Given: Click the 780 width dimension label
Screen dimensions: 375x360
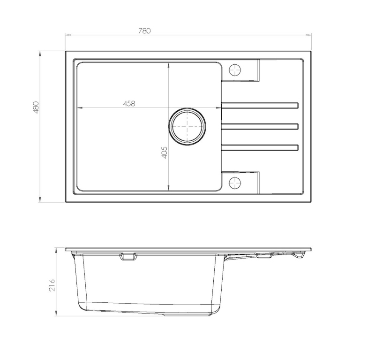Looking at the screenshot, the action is pos(144,31).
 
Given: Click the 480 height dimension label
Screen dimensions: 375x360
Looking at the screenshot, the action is pos(36,107).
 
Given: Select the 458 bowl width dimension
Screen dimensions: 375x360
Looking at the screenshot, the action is pos(129,103).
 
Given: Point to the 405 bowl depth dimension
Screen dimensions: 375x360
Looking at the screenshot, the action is pos(165,153).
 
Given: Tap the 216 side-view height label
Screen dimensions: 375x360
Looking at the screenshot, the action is pos(52,285).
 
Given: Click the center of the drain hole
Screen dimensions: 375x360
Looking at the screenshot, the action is pos(187,126).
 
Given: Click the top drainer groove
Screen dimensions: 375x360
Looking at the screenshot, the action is pos(260,106).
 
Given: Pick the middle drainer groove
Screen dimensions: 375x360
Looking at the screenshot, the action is pos(260,126).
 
